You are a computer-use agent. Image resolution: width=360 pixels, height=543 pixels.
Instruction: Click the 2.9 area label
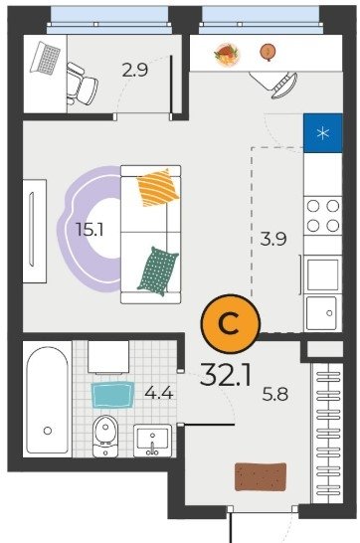[135, 70]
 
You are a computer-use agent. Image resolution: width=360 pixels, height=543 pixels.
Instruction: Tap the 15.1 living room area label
[90, 230]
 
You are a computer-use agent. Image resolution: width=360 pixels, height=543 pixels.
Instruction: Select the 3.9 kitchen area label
[273, 239]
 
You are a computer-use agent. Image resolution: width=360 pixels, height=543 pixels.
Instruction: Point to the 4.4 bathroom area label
[158, 393]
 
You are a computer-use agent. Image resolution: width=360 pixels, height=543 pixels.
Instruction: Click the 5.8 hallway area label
[275, 394]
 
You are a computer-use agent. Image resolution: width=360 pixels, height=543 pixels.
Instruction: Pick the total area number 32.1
[226, 375]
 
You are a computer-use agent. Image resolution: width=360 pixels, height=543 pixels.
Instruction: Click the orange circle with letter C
[231, 323]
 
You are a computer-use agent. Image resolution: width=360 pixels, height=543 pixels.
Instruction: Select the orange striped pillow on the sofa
[158, 187]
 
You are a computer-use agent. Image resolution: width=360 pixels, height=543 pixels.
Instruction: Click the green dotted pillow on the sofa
[158, 271]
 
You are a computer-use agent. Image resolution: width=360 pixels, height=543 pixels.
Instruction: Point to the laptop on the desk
[46, 58]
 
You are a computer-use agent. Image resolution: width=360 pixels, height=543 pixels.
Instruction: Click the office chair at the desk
[82, 84]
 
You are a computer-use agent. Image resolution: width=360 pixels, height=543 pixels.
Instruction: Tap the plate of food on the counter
[227, 54]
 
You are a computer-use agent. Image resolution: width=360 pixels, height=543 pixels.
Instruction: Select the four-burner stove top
[323, 216]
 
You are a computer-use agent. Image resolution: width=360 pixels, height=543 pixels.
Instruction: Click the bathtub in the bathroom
[48, 400]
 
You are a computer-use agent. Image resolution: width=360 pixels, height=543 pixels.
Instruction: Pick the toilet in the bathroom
[105, 436]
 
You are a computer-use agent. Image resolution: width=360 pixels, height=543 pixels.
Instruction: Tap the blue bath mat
[112, 395]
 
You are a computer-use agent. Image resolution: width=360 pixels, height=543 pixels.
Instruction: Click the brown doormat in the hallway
[261, 476]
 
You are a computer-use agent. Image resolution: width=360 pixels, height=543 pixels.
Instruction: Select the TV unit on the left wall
[34, 231]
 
